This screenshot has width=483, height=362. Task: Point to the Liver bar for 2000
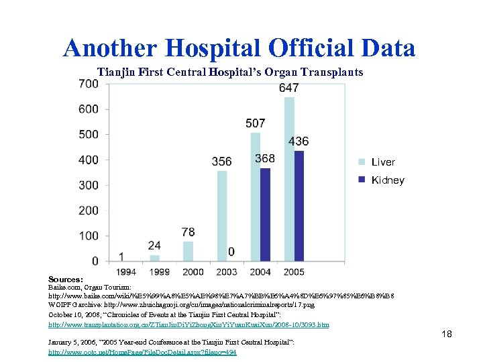point(189,251)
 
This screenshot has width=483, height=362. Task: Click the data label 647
point(289,88)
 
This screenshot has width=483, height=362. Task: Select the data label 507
point(255,123)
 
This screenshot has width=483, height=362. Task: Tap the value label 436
point(299,141)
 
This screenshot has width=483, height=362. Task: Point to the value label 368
point(265,159)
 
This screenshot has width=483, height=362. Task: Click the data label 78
point(189,232)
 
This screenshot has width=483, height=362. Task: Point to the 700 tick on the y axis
point(88,84)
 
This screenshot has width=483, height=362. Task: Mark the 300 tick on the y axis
point(88,185)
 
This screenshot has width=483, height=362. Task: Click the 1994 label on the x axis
point(126,271)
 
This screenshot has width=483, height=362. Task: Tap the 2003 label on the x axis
point(227,271)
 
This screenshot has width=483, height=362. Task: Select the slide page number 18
point(447,333)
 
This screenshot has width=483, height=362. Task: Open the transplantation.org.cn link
point(189,324)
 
